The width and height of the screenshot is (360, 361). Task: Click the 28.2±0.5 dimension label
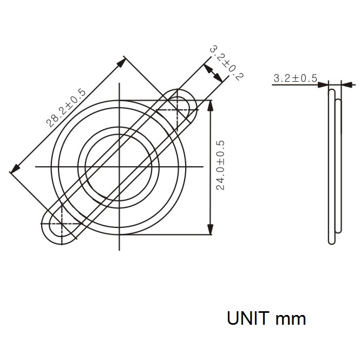pos(66,108)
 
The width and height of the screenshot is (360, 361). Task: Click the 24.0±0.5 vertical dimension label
pos(220,165)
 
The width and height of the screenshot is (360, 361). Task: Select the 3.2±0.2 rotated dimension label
pos(227,63)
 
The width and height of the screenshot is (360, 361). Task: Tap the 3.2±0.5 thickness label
pos(295,78)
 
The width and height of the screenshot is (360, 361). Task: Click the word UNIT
pos(247,318)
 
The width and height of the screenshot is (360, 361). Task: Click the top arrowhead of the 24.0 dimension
pos(210,106)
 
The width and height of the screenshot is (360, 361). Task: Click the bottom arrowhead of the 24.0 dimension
pos(210,229)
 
